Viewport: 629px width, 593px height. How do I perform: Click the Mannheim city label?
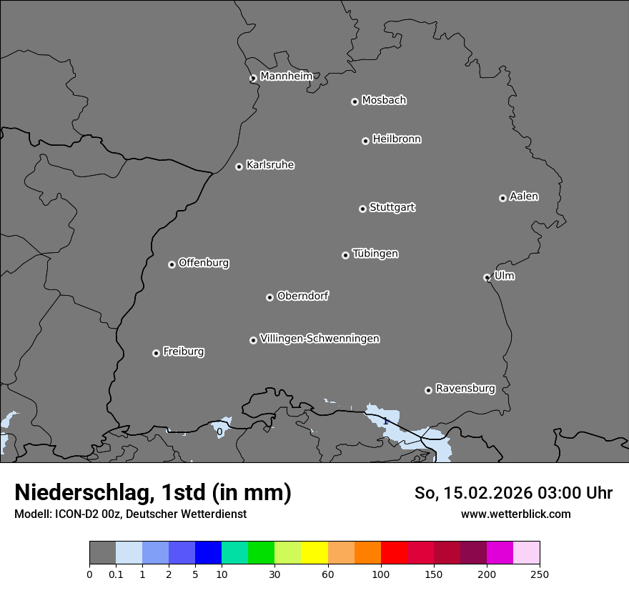point(286,76)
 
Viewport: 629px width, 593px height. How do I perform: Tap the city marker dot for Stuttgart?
point(362,209)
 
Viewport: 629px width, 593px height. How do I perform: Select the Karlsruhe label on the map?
point(270,165)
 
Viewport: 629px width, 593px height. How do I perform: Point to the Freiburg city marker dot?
point(156,353)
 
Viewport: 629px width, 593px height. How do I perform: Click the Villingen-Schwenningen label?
point(320,339)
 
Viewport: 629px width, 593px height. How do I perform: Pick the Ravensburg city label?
point(465,389)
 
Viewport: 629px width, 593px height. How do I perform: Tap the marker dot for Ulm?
point(487,277)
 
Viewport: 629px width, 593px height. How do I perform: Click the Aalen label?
point(524,196)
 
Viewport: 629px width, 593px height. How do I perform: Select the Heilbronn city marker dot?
point(365,141)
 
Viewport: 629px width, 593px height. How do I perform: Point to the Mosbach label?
point(384,101)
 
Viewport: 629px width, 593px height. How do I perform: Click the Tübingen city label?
point(375,254)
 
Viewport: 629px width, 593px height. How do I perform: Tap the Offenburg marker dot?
point(172,264)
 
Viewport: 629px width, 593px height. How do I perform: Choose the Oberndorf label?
point(303,296)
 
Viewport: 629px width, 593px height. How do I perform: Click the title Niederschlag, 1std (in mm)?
point(153,493)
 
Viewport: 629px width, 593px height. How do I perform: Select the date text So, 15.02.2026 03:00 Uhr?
point(513,493)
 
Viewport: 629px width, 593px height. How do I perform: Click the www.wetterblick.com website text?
point(515,514)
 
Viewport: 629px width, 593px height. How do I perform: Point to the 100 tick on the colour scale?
point(381,573)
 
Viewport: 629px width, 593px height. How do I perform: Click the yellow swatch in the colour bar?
point(314,553)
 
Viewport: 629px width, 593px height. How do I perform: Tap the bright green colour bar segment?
point(262,553)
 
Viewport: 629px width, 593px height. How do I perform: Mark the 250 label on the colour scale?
point(540,573)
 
